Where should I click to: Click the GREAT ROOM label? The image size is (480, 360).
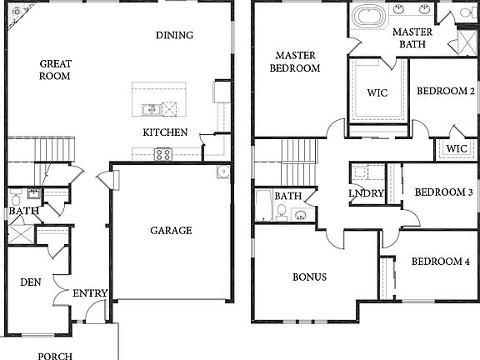coord(54,69)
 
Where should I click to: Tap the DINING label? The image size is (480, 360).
coord(174,35)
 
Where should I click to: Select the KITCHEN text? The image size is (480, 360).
coord(165,132)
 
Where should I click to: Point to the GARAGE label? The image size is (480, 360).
coord(170,231)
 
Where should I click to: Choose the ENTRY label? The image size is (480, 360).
coord(90,293)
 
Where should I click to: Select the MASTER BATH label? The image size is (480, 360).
coord(412,38)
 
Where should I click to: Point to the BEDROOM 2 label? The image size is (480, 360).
coord(446,91)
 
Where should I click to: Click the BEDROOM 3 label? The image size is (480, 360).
coord(443,192)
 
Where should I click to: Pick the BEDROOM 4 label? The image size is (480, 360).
coord(440,262)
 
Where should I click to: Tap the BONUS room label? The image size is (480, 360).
coord(309,277)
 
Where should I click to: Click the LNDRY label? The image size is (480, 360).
coord(366,194)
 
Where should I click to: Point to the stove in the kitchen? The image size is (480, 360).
coord(162,153)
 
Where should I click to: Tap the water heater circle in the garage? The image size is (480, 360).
coord(222,172)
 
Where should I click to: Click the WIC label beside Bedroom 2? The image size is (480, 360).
coord(456,149)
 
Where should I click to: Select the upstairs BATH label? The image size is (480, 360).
coord(288,197)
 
